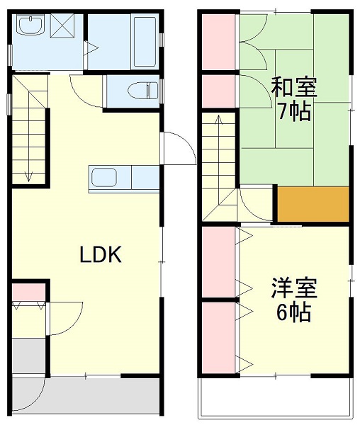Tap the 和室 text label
pos(294,89)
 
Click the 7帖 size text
pos(294,112)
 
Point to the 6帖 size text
pos(293,312)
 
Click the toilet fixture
pos(141,90)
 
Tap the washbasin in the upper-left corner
pos(30,28)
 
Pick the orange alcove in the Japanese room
pos(313,204)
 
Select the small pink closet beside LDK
pos(28,290)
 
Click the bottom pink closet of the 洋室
pos(218,337)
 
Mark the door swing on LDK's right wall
pos(177,149)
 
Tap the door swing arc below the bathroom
pos(85,89)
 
